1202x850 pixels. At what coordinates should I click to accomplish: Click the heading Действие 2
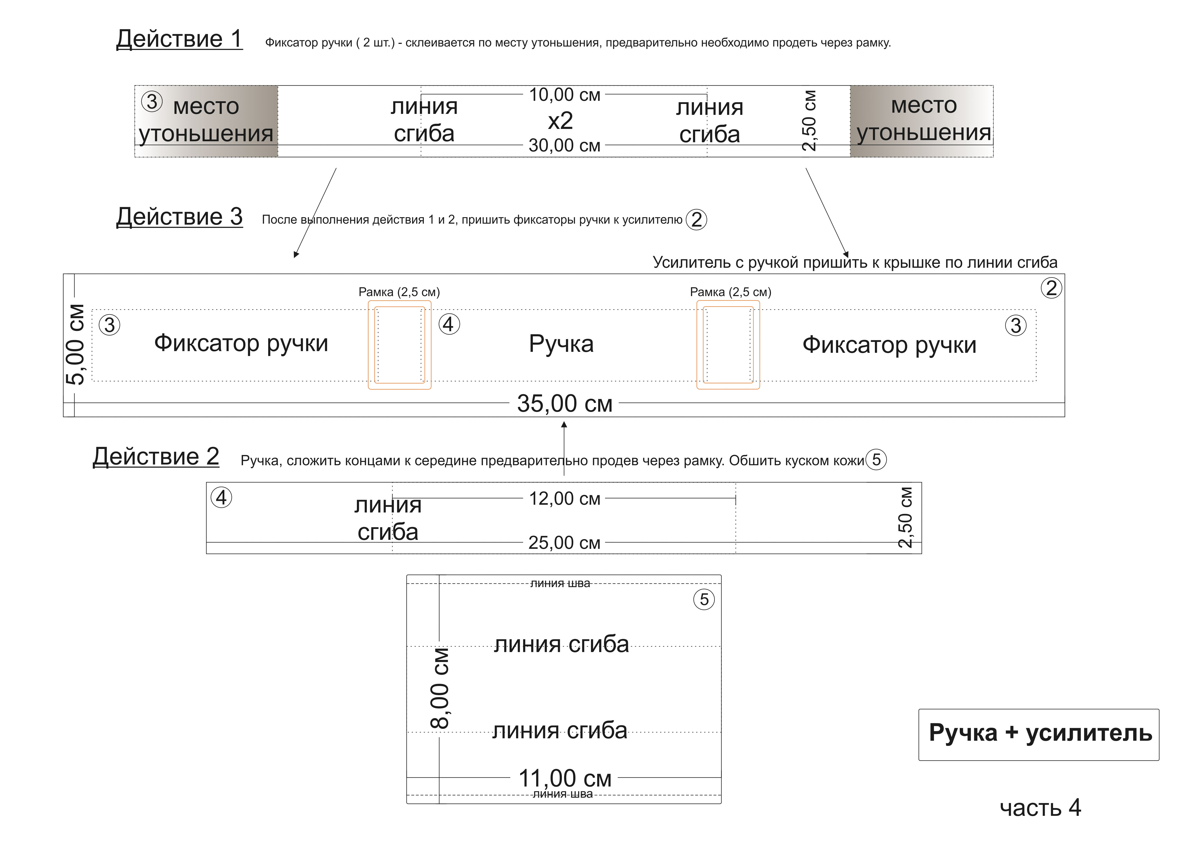[156, 457]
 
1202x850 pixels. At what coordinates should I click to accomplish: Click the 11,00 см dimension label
[564, 779]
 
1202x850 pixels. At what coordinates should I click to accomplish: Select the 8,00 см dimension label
[440, 689]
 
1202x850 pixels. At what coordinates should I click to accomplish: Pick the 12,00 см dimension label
[564, 499]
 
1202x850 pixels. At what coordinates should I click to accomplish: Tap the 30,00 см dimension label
[564, 146]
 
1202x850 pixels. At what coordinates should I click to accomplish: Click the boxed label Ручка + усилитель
[1040, 734]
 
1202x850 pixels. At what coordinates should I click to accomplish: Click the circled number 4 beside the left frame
[449, 324]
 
